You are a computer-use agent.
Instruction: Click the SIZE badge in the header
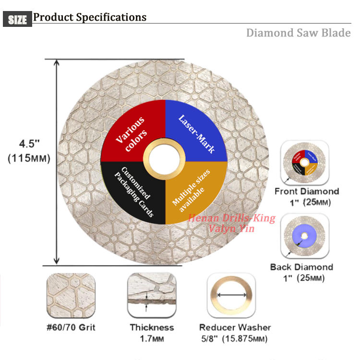click(x=18, y=19)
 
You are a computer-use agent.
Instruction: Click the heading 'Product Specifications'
click(x=90, y=17)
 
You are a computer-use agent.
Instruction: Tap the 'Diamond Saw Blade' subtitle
click(x=298, y=33)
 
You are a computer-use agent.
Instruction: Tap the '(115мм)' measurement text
click(x=29, y=158)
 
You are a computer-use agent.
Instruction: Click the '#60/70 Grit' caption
click(x=72, y=327)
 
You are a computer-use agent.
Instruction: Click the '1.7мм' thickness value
click(x=151, y=339)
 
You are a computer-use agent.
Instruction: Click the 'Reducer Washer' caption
click(x=235, y=327)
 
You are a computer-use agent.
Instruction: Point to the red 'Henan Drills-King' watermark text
click(x=231, y=219)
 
